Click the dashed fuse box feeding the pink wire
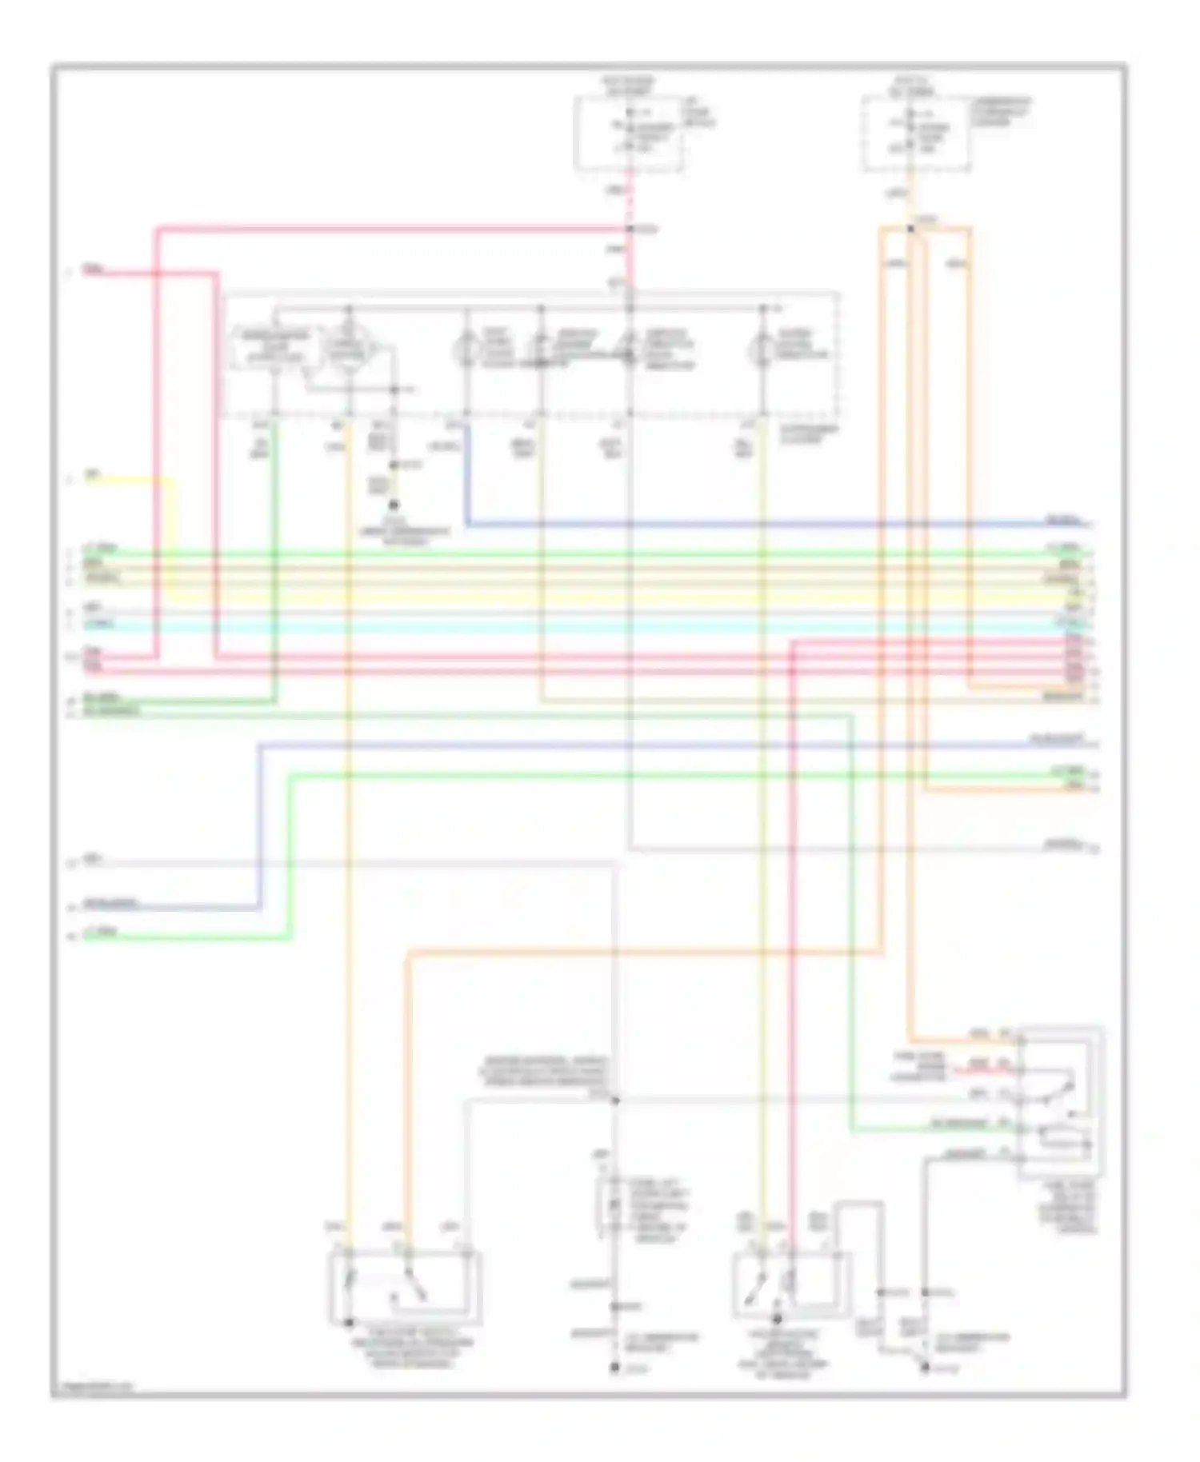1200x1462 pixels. [629, 133]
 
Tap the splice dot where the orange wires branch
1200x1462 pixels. [910, 230]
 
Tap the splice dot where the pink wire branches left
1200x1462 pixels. [630, 230]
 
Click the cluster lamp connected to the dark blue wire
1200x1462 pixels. [466, 350]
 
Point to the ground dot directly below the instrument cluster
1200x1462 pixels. [393, 506]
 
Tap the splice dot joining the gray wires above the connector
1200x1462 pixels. [615, 1101]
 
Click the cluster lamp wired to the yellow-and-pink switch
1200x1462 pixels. [762, 350]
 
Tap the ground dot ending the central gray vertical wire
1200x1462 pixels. [614, 1369]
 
